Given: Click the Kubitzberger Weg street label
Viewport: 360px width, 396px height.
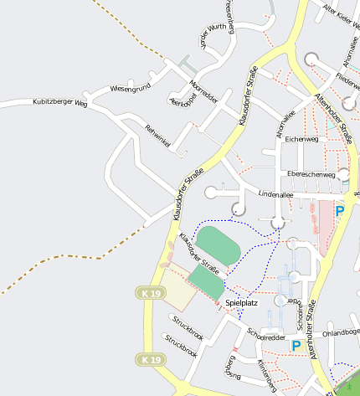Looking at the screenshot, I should click(59, 103).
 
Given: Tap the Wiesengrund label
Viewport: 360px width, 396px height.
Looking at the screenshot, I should click(130, 88).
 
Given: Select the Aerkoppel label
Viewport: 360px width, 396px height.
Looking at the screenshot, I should click(182, 104).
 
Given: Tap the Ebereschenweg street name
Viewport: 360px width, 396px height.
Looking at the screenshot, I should click(311, 174).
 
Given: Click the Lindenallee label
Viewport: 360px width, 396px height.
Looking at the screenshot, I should click(275, 193).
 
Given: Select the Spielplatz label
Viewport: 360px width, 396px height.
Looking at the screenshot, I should click(241, 304).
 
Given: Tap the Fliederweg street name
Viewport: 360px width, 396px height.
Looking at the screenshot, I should click(347, 80).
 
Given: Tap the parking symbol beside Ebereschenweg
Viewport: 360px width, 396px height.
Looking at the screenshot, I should click(339, 211).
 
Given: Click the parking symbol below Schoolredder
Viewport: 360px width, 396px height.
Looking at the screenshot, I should click(296, 344).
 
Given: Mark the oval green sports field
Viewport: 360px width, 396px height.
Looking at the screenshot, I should click(218, 244).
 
